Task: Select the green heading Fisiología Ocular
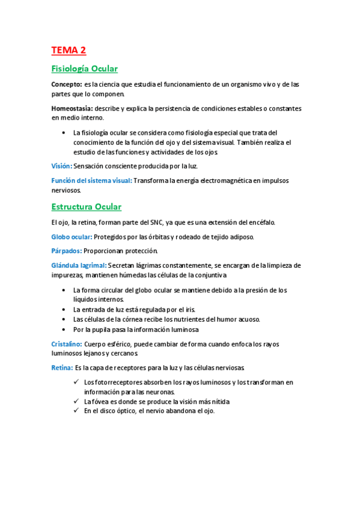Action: click(x=85, y=69)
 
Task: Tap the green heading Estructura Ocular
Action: click(x=87, y=207)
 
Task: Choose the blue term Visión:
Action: click(x=61, y=165)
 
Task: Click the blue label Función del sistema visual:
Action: click(x=91, y=180)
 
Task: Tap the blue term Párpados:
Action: click(x=66, y=251)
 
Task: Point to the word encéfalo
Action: click(x=260, y=223)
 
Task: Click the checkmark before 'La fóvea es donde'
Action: click(x=76, y=401)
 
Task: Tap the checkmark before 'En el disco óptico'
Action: click(x=76, y=411)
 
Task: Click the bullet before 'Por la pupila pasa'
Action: click(x=64, y=330)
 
